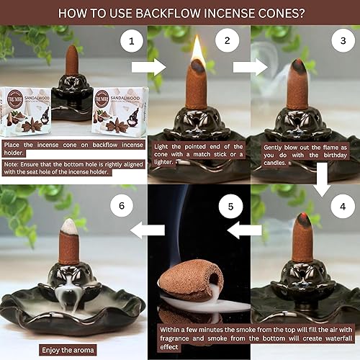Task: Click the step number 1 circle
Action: click(130, 42)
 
